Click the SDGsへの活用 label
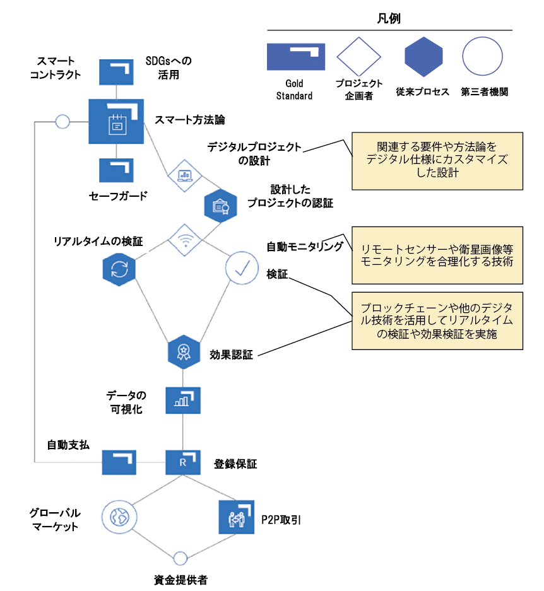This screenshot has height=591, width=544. [x=168, y=68]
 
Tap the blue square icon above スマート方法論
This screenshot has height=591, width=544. [x=116, y=71]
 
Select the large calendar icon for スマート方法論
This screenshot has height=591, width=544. [x=116, y=122]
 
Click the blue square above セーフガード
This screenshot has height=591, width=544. [x=116, y=170]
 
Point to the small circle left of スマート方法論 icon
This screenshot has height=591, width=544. [x=62, y=121]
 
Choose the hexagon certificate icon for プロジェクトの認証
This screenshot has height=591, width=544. [x=220, y=204]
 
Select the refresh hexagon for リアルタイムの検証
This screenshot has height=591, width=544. [x=119, y=269]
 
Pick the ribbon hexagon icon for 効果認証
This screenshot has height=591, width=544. [x=184, y=351]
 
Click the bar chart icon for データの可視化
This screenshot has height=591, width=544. [x=183, y=401]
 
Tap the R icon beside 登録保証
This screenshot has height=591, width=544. [x=183, y=462]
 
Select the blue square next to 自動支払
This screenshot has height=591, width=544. [x=119, y=462]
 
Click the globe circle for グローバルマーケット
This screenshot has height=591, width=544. [x=119, y=518]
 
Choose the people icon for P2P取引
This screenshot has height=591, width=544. [x=236, y=518]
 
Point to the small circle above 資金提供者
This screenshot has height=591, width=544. [x=180, y=558]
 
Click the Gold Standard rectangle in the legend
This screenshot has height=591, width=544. [x=296, y=56]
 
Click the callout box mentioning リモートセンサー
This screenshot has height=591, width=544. [x=437, y=255]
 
